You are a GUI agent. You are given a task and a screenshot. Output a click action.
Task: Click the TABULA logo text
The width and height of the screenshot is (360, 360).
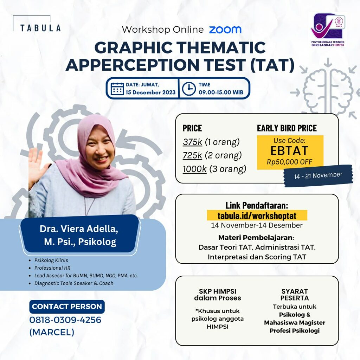(x=40, y=28)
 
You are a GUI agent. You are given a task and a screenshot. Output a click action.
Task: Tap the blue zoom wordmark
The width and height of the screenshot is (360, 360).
(x=225, y=30)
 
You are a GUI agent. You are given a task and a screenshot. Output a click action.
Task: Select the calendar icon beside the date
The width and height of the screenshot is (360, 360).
(x=117, y=89)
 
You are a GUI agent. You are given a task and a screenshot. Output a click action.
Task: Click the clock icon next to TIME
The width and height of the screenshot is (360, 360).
(x=189, y=89)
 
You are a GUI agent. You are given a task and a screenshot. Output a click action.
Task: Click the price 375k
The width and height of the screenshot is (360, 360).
(x=192, y=142)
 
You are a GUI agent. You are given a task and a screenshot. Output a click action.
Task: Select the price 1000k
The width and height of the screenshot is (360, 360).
(x=194, y=169)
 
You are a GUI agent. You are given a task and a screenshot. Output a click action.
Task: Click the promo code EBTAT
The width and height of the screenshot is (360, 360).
(x=289, y=150)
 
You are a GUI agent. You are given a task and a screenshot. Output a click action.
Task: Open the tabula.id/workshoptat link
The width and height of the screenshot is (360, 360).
(x=257, y=215)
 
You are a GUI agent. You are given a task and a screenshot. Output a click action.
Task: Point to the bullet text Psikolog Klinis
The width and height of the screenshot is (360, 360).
(x=51, y=261)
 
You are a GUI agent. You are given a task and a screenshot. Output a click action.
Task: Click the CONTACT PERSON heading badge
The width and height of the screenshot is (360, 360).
(x=67, y=307)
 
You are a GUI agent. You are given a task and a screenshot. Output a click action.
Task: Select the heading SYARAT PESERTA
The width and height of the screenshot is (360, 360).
(x=294, y=295)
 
